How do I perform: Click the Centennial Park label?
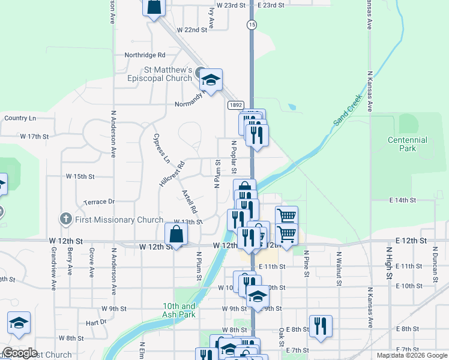point(407,144)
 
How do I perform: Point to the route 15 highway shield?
point(252,24)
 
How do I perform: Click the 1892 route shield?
point(235,105)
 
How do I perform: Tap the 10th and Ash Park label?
point(179,310)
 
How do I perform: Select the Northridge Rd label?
point(145,55)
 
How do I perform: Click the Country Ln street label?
point(20,118)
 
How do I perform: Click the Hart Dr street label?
point(95,322)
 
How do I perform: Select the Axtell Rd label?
point(189,202)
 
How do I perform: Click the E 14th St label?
point(402,199)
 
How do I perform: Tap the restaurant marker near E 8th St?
point(321,326)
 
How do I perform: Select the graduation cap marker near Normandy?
point(211,79)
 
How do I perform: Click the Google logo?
point(20,353)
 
